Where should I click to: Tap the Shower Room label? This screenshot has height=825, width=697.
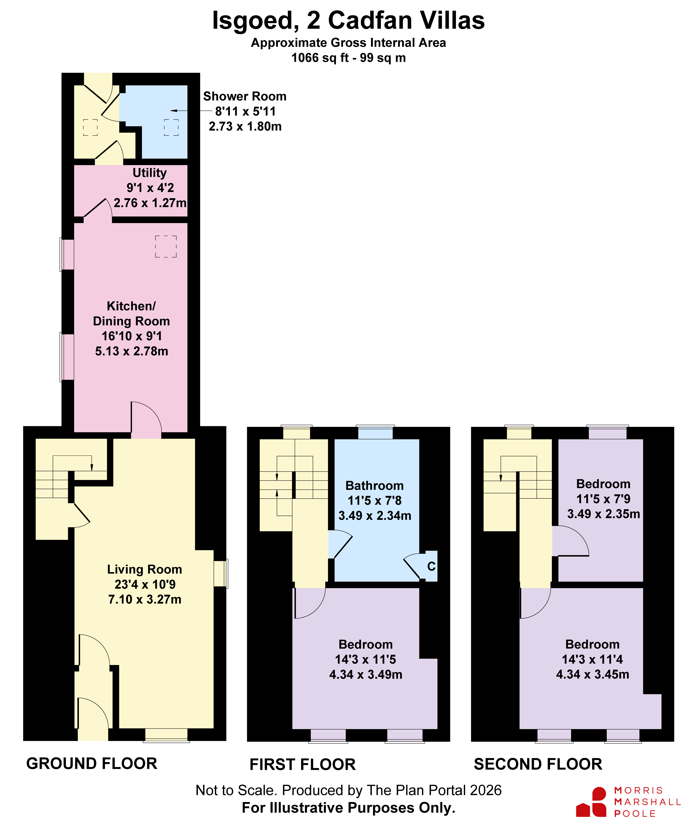245,96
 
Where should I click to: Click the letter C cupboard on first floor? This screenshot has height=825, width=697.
431,566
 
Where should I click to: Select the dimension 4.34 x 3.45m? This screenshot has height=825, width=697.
593,674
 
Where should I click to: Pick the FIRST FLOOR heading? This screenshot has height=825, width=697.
303,765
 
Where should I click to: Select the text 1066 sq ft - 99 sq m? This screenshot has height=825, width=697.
348,58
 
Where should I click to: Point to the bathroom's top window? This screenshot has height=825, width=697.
375,432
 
